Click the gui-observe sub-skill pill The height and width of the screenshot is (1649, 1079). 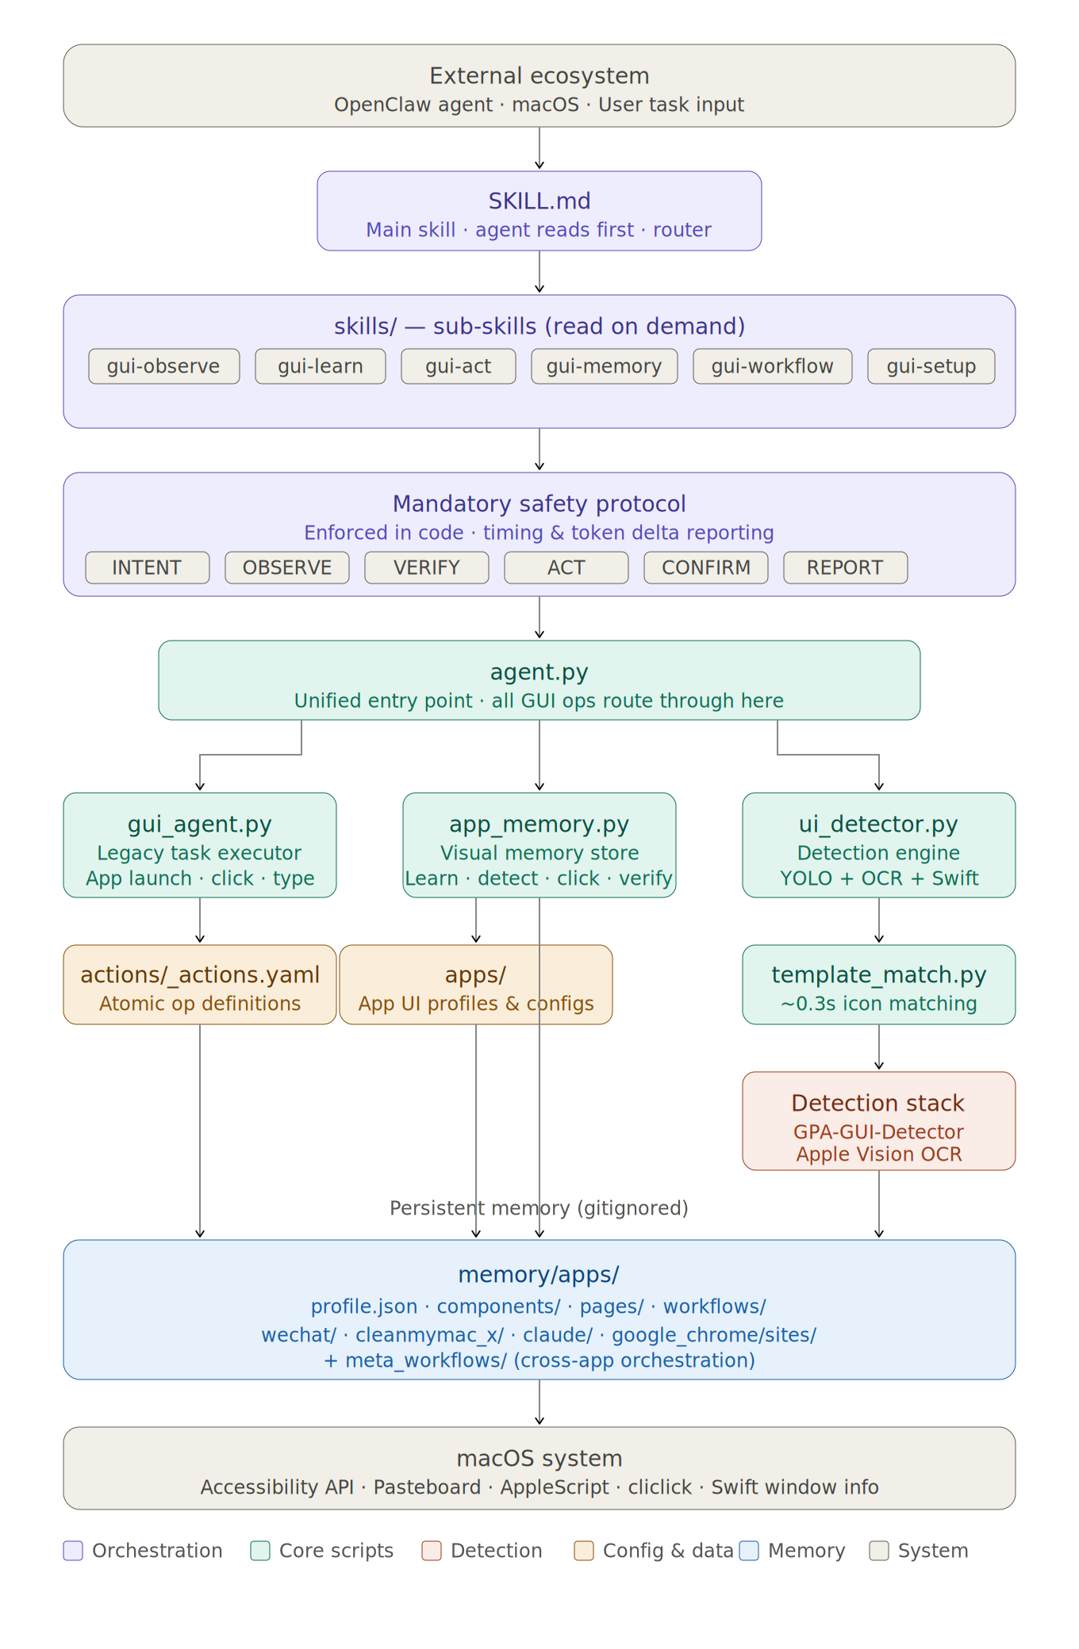point(163,366)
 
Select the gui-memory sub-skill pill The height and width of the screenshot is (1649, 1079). point(604,366)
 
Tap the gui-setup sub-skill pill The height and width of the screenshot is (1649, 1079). point(931,366)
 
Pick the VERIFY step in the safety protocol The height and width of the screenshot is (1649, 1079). point(426,568)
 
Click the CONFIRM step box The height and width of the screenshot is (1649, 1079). point(705,568)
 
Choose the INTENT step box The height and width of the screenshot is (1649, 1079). point(147,568)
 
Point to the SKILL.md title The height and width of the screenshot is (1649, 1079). point(539,201)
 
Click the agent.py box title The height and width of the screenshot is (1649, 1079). point(539,672)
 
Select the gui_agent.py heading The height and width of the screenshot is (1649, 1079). point(200,824)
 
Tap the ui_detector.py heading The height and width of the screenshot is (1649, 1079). point(878,824)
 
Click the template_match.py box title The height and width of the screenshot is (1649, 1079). point(878,975)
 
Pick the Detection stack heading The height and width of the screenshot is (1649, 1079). point(878,1104)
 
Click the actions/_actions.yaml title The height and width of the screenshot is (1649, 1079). point(200,975)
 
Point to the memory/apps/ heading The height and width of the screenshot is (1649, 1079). point(539,1275)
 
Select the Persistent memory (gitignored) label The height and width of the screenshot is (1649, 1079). point(539,1208)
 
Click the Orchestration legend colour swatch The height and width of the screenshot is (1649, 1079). point(73,1551)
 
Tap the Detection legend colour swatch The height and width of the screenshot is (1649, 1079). point(432,1551)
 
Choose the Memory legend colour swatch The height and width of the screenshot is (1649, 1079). point(749,1551)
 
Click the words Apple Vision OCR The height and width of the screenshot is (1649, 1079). point(878,1154)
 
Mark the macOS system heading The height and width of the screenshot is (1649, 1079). point(539,1459)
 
